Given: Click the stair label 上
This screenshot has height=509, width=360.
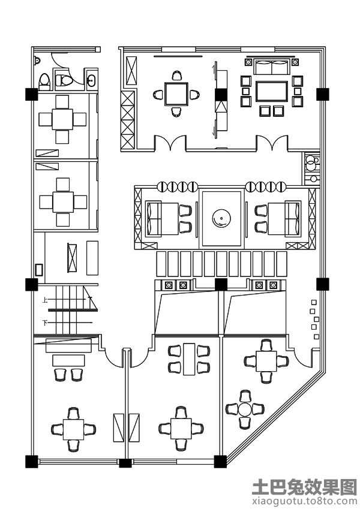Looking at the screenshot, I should [x=45, y=301].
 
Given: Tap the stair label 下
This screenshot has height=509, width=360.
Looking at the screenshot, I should [x=45, y=323].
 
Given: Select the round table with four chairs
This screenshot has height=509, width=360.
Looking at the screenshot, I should [x=244, y=409].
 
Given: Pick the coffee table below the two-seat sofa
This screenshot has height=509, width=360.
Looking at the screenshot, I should [x=272, y=91].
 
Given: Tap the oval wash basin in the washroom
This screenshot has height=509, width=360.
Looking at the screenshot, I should [x=92, y=80].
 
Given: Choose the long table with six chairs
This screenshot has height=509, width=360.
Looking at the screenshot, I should [x=190, y=359].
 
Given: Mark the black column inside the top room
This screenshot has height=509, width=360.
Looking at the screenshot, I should [x=221, y=94].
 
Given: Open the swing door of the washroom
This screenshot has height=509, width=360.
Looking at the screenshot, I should [x=62, y=61].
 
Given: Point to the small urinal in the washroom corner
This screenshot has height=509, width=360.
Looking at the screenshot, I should [x=37, y=60].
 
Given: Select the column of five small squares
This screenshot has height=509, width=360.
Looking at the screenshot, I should [x=314, y=319].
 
